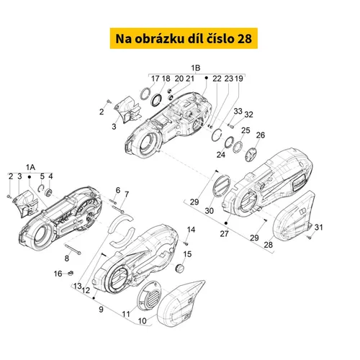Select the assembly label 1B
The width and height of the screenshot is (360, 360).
coord(196,68)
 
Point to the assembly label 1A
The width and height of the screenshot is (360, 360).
coord(30,167)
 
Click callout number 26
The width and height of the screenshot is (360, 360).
coord(261,135)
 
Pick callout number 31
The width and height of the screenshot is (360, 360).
coord(319,227)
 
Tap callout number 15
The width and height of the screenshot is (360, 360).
coord(187,254)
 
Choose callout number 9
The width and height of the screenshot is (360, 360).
coord(101,310)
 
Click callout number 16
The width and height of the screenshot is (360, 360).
coord(58,274)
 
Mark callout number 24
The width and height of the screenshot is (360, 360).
coord(221,155)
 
